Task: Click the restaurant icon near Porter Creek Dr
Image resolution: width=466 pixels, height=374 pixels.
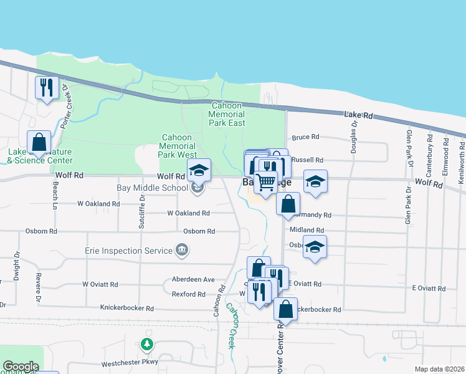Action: coord(45,88)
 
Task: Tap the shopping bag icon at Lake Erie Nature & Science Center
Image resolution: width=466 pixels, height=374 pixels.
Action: coord(39,143)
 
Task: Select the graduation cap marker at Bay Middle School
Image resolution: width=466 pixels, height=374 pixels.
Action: coord(199,170)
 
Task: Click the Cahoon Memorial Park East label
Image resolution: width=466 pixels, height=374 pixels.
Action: coord(228,114)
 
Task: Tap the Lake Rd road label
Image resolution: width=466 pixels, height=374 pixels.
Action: coord(358,115)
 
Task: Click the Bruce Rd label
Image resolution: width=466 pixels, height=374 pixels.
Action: coord(305,137)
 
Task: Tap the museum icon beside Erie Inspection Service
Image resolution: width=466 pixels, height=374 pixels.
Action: coord(181,251)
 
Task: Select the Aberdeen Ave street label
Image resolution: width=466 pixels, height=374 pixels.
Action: coord(193,280)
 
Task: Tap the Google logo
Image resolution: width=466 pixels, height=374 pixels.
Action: coord(21,367)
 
